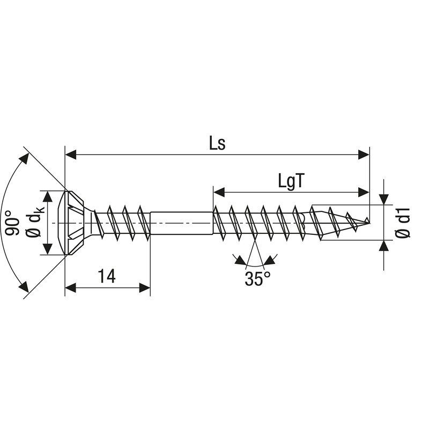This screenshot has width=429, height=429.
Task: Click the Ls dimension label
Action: click(x=217, y=143)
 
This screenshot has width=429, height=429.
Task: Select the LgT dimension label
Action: click(x=292, y=181)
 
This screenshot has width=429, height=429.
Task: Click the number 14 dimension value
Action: click(x=106, y=276)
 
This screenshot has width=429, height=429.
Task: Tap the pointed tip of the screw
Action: click(x=367, y=220)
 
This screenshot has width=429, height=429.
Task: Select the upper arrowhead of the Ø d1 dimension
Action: click(x=384, y=199)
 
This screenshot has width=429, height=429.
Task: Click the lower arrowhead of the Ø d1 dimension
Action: click(x=384, y=246)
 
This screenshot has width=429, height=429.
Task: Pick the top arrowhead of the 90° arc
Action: click(x=24, y=157)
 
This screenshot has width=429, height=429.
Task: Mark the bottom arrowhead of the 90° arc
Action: click(x=23, y=287)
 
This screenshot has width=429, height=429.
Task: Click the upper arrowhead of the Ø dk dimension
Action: click(x=48, y=196)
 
